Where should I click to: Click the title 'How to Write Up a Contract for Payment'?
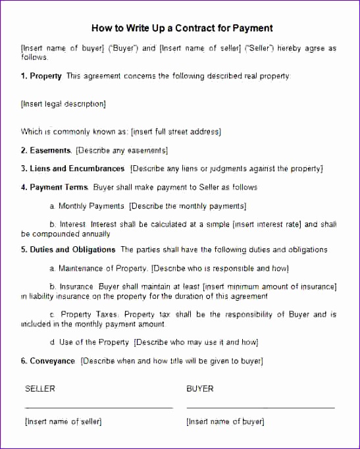tap(181, 28)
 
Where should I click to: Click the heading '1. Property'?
tap(41, 76)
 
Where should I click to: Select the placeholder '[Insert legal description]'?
tap(63, 104)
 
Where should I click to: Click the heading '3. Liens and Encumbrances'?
tap(72, 169)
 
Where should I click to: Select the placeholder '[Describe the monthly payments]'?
tap(188, 206)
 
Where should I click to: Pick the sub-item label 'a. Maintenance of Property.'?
tap(99, 269)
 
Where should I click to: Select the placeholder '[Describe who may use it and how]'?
tap(196, 342)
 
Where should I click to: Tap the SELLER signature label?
tap(40, 389)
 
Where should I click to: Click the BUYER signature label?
tap(200, 389)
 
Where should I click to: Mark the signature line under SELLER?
tap(99, 408)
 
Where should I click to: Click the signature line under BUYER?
tap(261, 408)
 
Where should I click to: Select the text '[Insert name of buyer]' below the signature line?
tap(225, 421)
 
